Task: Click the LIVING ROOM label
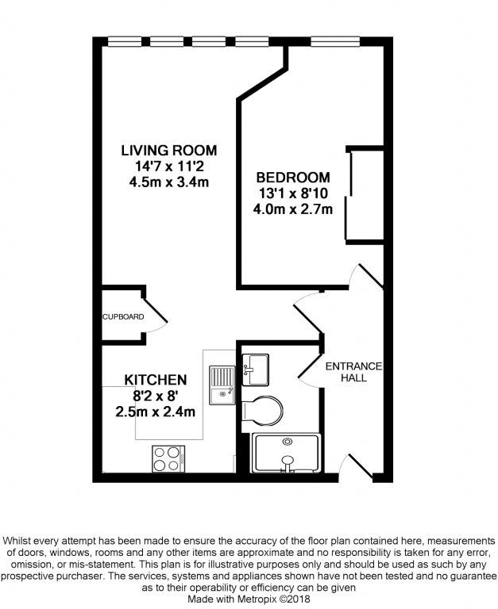click(x=168, y=150)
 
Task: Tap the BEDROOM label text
click(x=291, y=177)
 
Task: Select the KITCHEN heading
click(x=155, y=380)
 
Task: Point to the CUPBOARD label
click(x=123, y=317)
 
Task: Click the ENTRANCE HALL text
click(x=353, y=372)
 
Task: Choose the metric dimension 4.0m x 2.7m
click(x=292, y=209)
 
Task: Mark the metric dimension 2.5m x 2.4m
click(x=155, y=412)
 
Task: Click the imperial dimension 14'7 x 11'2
click(x=168, y=167)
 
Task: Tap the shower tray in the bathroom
click(x=285, y=453)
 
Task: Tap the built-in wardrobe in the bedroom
click(x=365, y=194)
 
